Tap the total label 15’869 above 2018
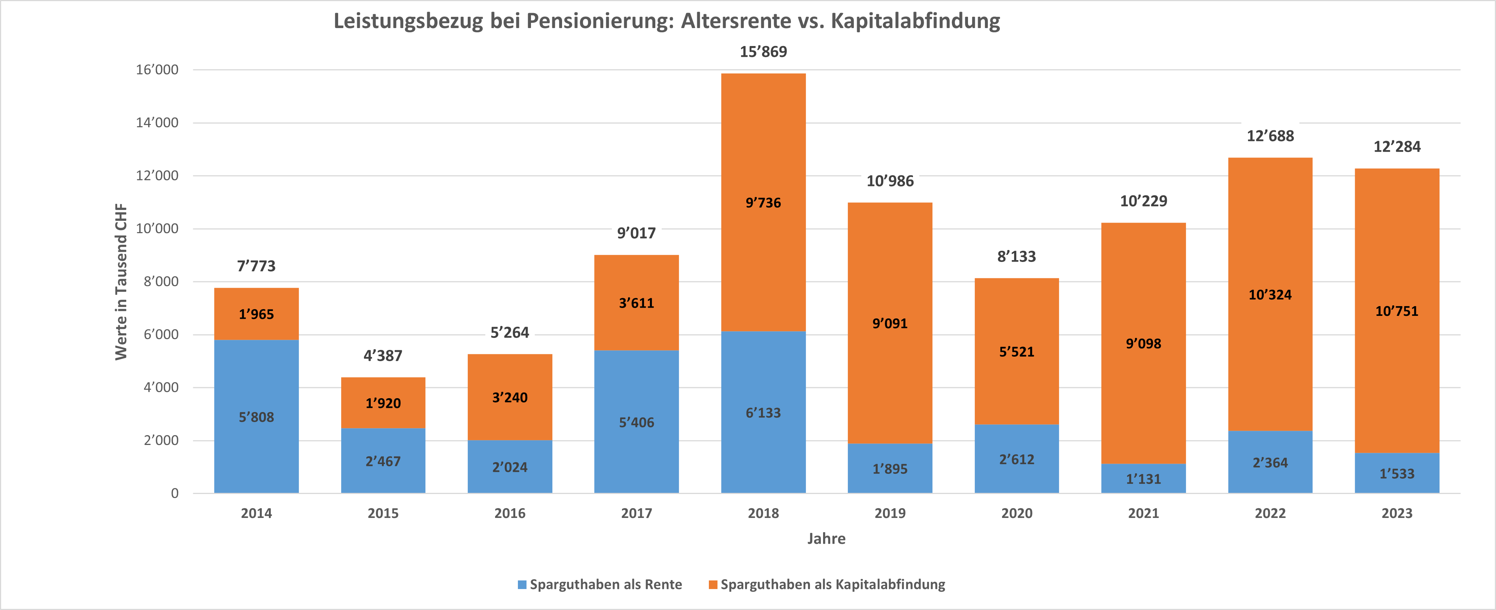point(763,52)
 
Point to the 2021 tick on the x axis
point(1143,513)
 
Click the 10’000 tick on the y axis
point(157,229)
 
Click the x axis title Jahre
point(826,539)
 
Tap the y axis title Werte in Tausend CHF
point(121,281)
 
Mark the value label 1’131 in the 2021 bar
point(1143,479)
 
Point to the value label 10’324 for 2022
point(1270,295)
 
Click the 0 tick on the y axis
point(174,493)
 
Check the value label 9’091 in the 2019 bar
point(890,323)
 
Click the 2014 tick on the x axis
point(256,513)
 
